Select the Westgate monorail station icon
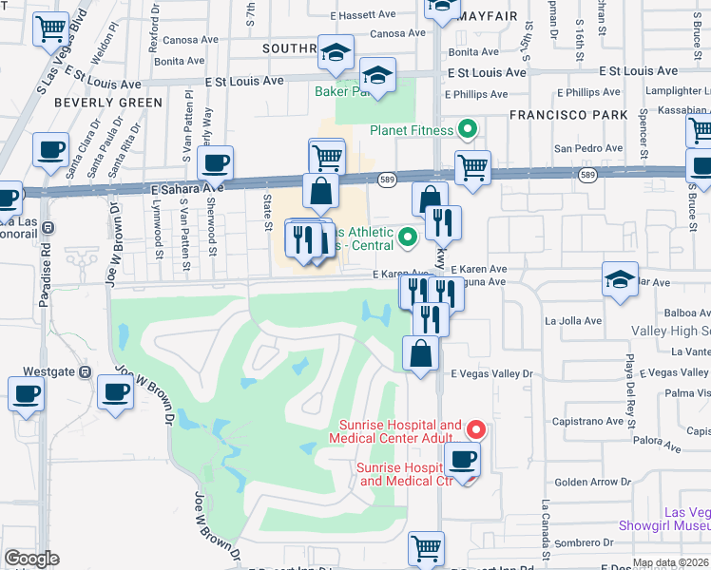coord(85,371)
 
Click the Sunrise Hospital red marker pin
coord(477,430)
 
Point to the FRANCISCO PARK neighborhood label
coord(568,115)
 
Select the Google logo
coord(31,559)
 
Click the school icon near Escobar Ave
coord(620,280)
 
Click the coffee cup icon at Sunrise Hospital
coord(463,461)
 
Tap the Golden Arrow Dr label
coord(586,483)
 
